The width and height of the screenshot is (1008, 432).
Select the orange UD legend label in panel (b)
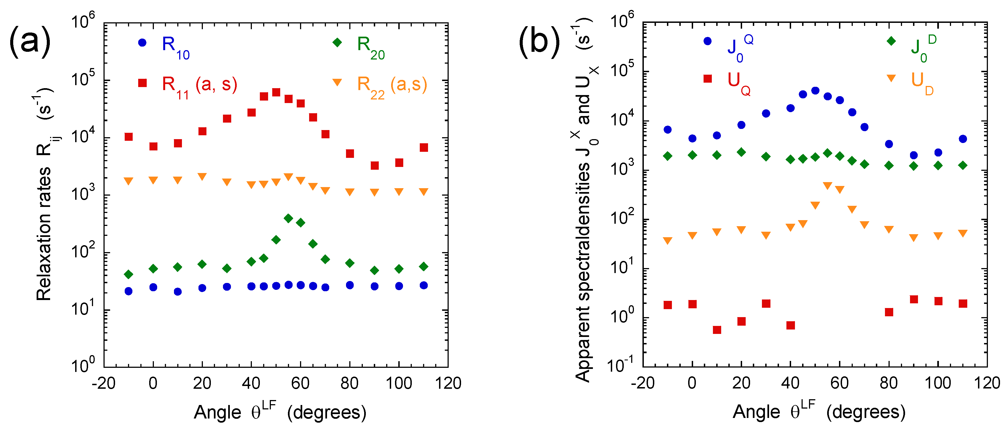coord(922,83)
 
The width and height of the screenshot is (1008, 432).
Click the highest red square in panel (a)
coord(276,92)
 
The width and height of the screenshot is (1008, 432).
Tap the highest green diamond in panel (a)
coord(288,218)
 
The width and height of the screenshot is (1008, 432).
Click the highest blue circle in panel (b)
coord(815,90)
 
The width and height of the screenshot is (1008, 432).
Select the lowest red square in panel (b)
coord(717,330)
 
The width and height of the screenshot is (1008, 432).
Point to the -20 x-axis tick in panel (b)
coord(642,383)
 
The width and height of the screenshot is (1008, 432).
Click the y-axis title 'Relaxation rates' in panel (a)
coord(44,234)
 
